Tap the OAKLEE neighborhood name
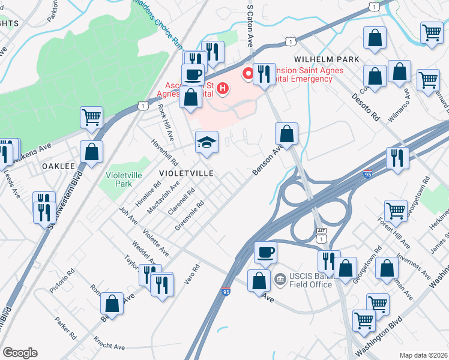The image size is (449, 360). click(x=58, y=166)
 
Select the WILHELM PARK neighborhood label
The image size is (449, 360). click(x=326, y=59)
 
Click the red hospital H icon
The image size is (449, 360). click(x=223, y=90)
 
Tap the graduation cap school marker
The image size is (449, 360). click(x=206, y=142)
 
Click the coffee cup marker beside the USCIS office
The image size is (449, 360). click(x=265, y=251)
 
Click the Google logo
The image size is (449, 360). click(x=20, y=353)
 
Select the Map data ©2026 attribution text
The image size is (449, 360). click(x=423, y=355)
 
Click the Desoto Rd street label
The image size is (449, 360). click(x=367, y=106)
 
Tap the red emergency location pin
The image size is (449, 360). click(x=247, y=74)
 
